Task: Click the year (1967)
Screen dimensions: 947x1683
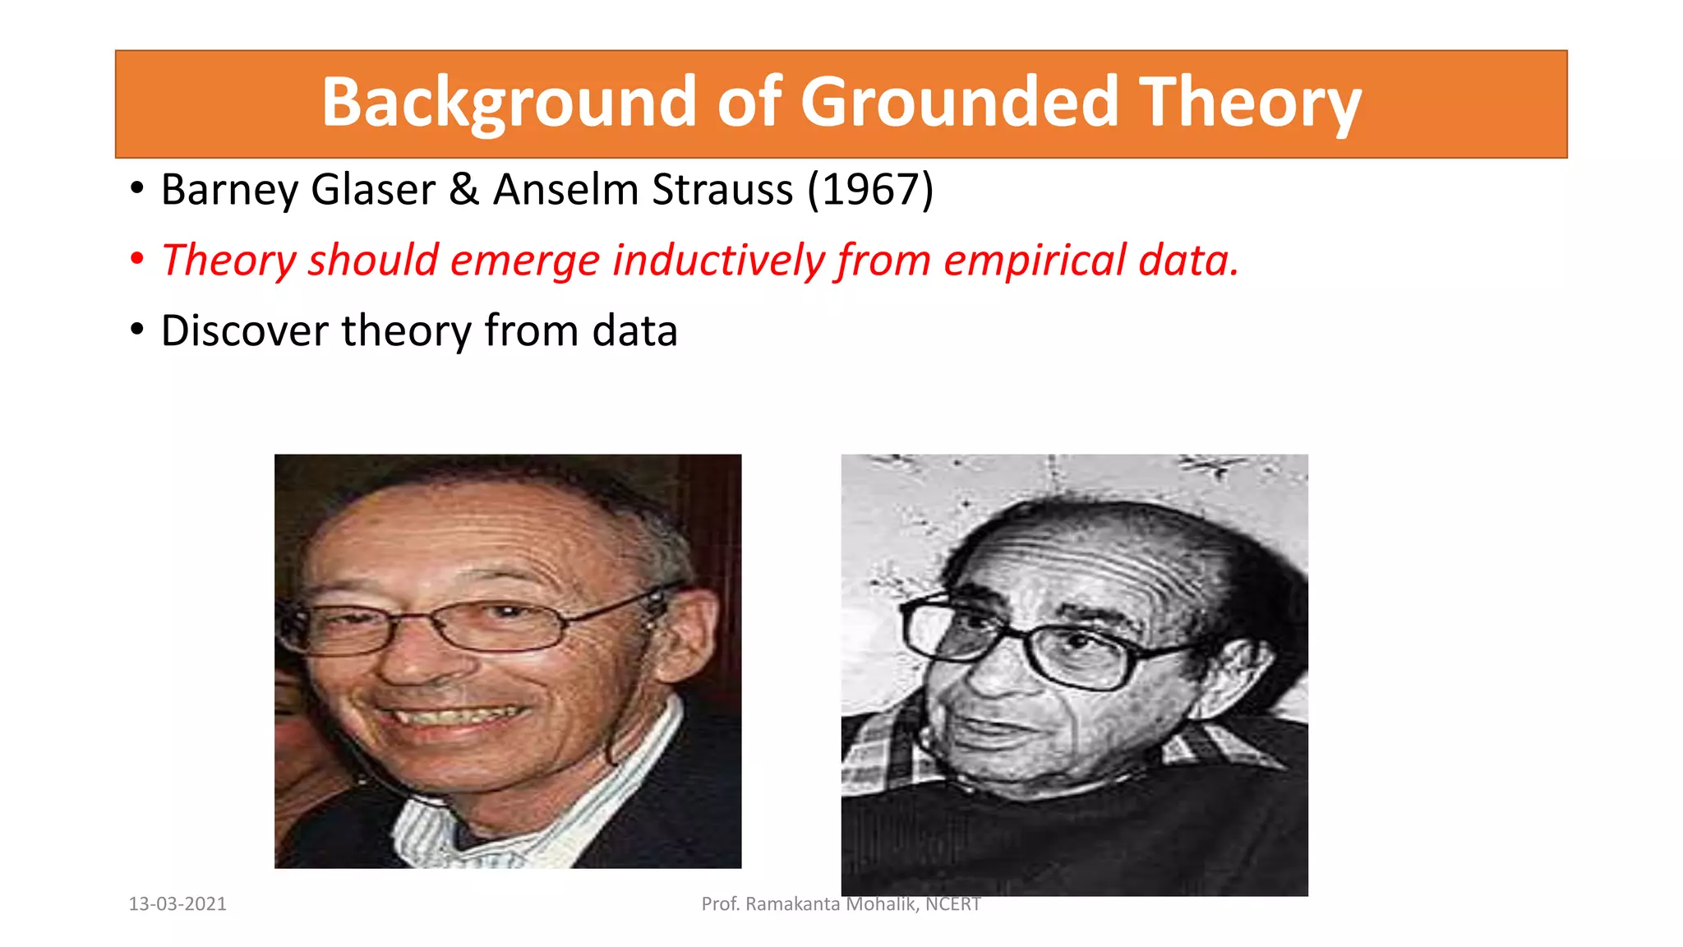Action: [x=870, y=190]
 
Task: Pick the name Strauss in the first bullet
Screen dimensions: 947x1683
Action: [x=723, y=190]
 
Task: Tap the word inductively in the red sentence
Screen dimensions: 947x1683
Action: [x=718, y=261]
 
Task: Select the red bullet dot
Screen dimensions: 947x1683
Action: [x=137, y=259]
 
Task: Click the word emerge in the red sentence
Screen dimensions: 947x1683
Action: [x=525, y=262]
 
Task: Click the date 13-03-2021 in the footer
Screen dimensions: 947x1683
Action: [x=178, y=904]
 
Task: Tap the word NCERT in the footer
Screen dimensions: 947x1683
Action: [x=952, y=904]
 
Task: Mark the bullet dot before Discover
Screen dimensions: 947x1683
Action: [x=137, y=330]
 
